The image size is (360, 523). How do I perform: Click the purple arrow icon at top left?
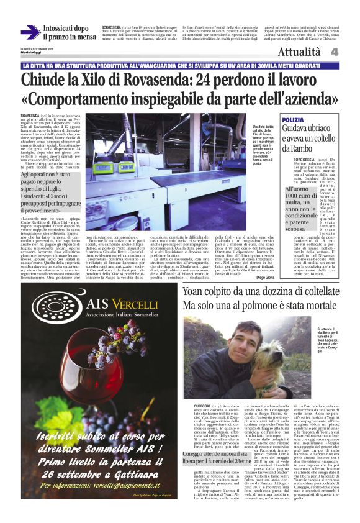click(x=30, y=32)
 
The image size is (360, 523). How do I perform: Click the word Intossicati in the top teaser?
click(x=65, y=28)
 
